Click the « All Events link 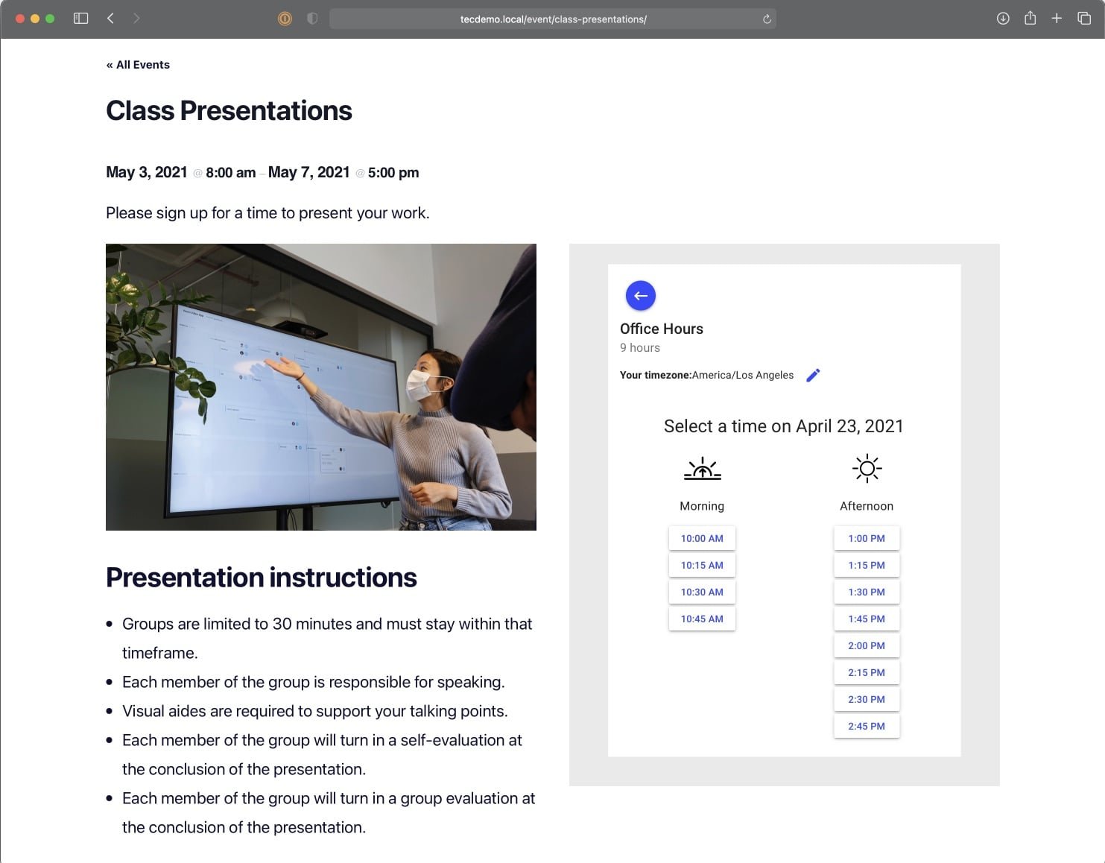138,65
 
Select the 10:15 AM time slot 702,565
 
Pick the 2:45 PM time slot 867,726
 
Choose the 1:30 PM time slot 867,592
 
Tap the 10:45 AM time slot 702,619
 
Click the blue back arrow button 640,295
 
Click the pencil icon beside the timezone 813,376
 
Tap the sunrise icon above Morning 702,468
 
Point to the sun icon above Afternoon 867,468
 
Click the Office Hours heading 661,329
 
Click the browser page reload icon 767,19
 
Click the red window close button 20,19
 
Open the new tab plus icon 1057,19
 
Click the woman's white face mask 423,385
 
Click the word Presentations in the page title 266,110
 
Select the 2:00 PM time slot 867,646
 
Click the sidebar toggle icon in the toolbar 81,19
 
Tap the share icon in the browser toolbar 1030,19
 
